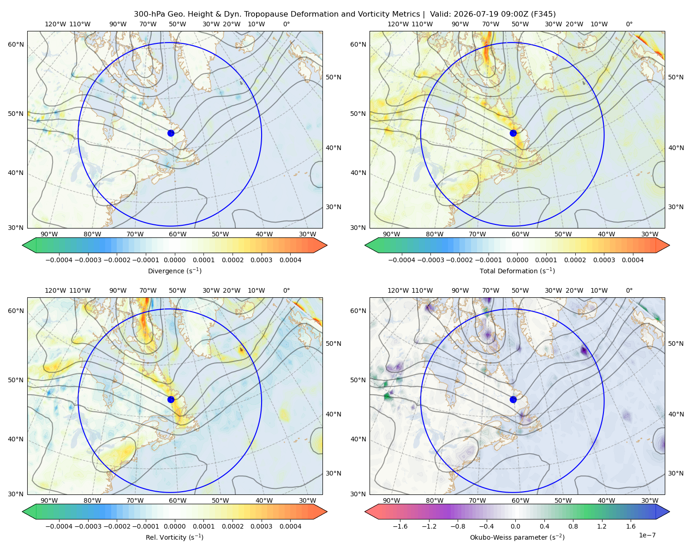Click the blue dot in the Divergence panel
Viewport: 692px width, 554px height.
(171, 133)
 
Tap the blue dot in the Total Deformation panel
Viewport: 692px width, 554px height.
(513, 133)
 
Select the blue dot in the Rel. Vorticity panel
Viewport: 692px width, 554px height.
(171, 399)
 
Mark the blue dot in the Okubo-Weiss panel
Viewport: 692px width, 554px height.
(513, 399)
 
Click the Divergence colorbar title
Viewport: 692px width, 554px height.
(174, 271)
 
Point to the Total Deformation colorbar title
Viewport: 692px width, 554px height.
(517, 271)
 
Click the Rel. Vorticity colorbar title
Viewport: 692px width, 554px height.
(174, 537)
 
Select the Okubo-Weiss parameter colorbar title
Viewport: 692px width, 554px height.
(517, 537)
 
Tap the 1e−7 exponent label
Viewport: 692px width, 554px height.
(647, 535)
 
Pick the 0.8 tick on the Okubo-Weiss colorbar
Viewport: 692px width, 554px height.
(573, 526)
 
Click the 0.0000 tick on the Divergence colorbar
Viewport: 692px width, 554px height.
(174, 260)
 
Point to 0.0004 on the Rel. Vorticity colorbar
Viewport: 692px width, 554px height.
(290, 526)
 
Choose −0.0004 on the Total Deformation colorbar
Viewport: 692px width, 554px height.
(402, 260)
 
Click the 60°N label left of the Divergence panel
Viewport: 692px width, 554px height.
(16, 44)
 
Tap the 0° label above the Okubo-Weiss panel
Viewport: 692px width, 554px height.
(629, 290)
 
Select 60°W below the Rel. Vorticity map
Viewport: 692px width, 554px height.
(178, 500)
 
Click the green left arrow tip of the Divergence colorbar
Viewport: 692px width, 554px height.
(23, 245)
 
